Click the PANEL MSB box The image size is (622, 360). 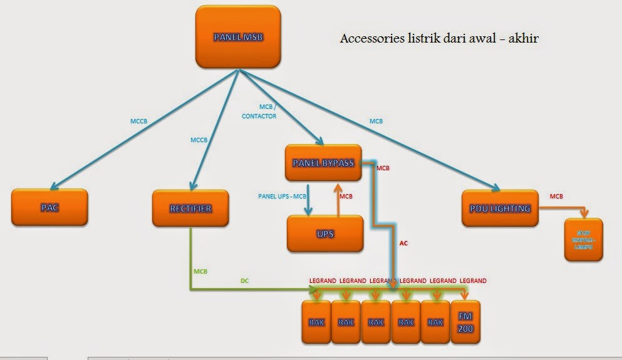pyautogui.click(x=237, y=37)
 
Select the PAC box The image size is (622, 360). pyautogui.click(x=49, y=207)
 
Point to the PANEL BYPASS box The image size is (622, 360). pyautogui.click(x=323, y=163)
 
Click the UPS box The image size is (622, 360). pyautogui.click(x=325, y=234)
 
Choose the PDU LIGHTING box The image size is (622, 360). pyautogui.click(x=500, y=208)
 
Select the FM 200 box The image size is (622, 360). pyautogui.click(x=465, y=322)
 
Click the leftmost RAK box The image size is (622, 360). pyautogui.click(x=316, y=322)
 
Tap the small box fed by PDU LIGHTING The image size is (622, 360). pyautogui.click(x=583, y=239)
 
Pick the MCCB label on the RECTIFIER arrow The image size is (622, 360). pyautogui.click(x=199, y=140)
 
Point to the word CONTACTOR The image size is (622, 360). pyautogui.click(x=259, y=116)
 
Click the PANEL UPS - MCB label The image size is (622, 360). pyautogui.click(x=282, y=196)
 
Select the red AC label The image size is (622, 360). pyautogui.click(x=403, y=243)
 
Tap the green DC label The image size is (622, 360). pyautogui.click(x=245, y=281)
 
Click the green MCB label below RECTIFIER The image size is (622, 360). pyautogui.click(x=200, y=271)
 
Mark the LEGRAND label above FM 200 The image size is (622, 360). pyautogui.click(x=473, y=280)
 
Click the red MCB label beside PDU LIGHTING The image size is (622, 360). pyautogui.click(x=556, y=196)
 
